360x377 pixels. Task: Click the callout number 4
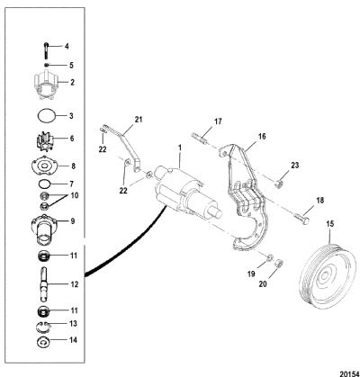(x=67, y=47)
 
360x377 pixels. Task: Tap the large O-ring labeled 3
(x=47, y=116)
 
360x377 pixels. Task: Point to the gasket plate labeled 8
(x=46, y=166)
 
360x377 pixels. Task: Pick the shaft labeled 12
(x=45, y=283)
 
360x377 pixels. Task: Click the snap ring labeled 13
(x=44, y=326)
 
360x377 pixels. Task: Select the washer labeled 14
(x=44, y=342)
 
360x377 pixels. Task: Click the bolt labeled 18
(x=301, y=220)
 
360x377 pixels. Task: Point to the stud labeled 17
(x=199, y=138)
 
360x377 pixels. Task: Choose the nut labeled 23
(x=279, y=183)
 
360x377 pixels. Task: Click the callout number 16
(x=262, y=136)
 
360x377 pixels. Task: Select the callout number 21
(x=138, y=120)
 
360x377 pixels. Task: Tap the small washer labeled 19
(x=270, y=257)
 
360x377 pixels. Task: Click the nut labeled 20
(x=279, y=264)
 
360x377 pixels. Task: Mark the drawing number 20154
(x=349, y=373)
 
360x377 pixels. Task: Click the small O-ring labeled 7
(x=44, y=184)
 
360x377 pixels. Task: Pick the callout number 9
(x=72, y=221)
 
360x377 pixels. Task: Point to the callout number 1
(x=180, y=148)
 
